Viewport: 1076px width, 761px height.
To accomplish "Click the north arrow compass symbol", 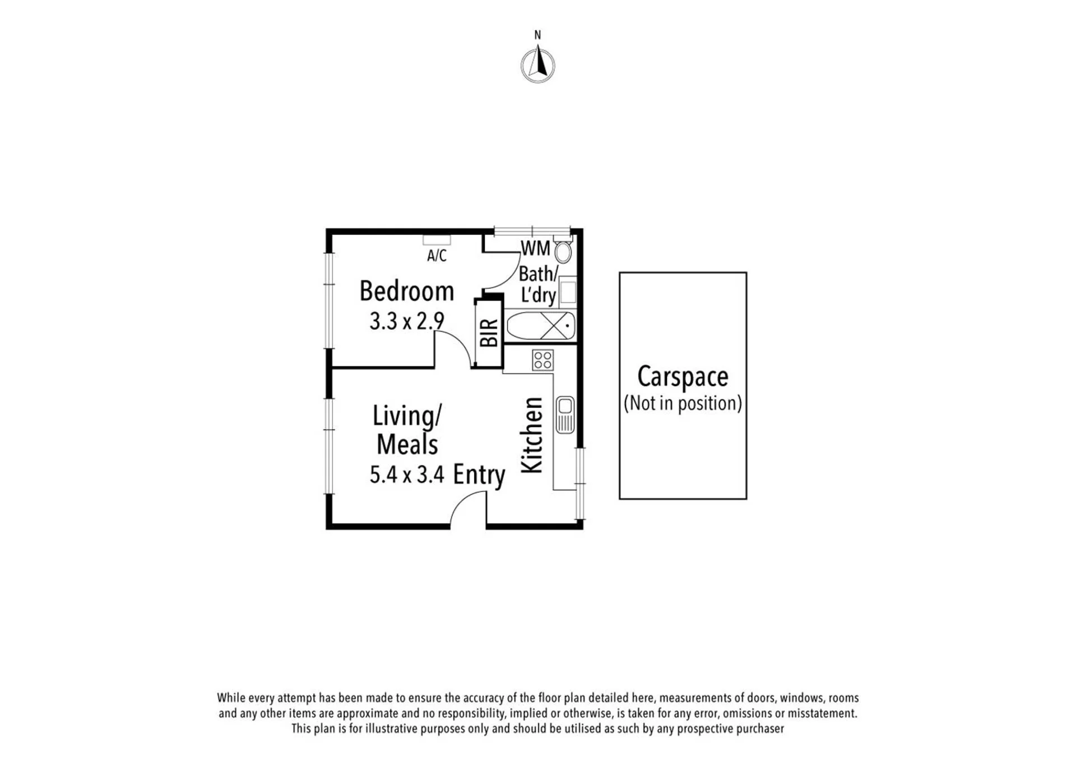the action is [x=538, y=64].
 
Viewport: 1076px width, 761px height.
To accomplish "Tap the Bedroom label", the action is [x=407, y=291].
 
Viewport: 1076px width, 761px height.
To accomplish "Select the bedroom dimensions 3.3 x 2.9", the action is [x=407, y=321].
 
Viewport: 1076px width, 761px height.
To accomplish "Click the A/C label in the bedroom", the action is [x=437, y=256].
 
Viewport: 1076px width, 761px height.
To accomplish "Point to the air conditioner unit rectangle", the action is [x=437, y=240].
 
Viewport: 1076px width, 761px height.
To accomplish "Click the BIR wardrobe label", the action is [x=489, y=333].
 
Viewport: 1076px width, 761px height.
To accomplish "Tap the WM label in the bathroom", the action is [x=535, y=248].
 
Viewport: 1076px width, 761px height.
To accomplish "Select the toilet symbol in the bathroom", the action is [x=563, y=250].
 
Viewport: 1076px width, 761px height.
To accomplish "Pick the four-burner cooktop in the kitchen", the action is [x=542, y=360].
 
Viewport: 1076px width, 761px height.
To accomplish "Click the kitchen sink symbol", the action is [x=565, y=415].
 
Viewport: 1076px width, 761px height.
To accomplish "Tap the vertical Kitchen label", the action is [x=532, y=435].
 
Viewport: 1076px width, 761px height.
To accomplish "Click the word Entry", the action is [x=479, y=474].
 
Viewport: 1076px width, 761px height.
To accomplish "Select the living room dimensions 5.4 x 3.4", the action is [x=407, y=474].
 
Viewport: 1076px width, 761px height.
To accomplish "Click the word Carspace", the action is [x=683, y=377].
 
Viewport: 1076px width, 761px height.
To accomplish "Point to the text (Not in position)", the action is [x=683, y=403].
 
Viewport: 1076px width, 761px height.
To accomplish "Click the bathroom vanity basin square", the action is [x=568, y=292].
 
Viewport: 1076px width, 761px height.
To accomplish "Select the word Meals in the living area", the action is [x=407, y=445].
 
